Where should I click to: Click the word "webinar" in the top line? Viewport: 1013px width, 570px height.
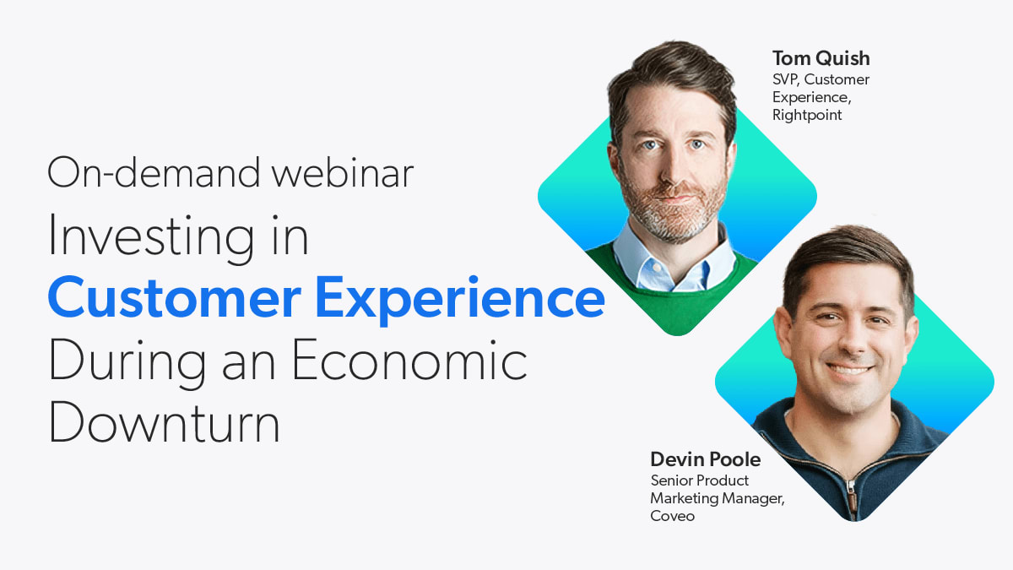pos(343,172)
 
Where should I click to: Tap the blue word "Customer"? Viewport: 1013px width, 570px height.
pos(175,297)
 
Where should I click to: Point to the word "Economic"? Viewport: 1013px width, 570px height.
pos(409,360)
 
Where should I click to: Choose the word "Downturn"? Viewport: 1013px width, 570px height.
pos(164,422)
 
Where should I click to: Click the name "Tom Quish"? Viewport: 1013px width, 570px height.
pos(821,58)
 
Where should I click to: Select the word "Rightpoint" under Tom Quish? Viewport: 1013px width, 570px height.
pos(807,115)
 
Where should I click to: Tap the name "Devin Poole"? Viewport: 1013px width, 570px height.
pos(706,459)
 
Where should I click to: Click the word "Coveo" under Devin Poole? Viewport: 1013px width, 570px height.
pos(673,516)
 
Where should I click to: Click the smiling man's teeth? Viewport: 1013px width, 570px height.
pos(848,370)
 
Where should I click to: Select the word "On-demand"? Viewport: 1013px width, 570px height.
pos(154,172)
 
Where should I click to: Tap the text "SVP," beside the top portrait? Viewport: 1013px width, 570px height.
pos(786,79)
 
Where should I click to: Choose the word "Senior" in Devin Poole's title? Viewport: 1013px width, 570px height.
pos(671,480)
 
